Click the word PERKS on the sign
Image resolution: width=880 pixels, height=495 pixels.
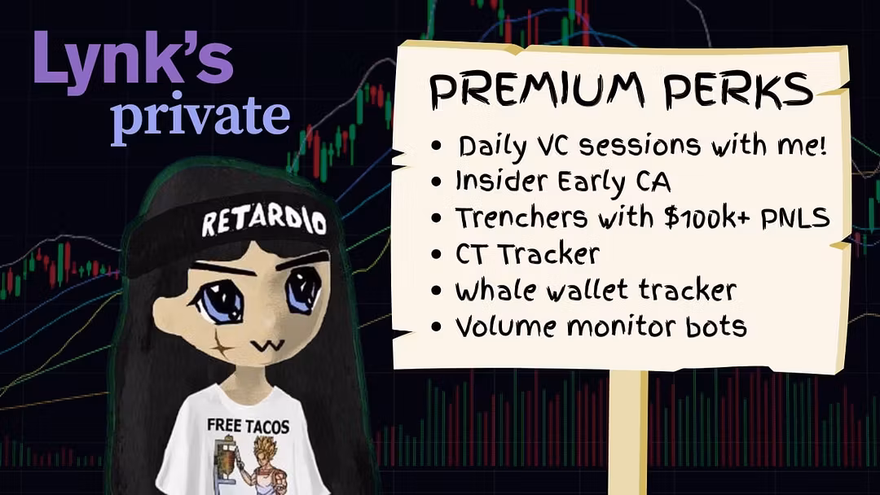coord(738,89)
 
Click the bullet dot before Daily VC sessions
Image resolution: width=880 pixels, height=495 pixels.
coord(437,147)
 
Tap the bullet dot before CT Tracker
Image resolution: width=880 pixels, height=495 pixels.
coord(437,255)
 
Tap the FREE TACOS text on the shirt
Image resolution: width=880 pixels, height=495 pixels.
coord(248,426)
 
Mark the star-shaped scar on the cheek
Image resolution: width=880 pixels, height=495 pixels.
coord(222,347)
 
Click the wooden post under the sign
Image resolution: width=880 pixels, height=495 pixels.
coord(628,431)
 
